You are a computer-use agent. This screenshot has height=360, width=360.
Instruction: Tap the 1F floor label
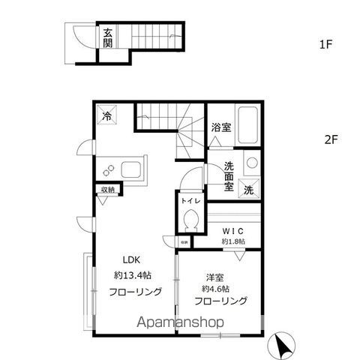tap(325, 44)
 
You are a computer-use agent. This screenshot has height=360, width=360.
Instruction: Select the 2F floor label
tap(331, 139)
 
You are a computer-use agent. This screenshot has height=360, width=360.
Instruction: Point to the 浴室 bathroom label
tap(221, 127)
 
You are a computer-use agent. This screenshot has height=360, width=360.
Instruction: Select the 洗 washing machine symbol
tap(250, 190)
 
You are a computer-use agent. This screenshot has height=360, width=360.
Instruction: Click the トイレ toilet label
tap(189, 201)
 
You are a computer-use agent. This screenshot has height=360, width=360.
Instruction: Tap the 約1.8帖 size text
tap(233, 241)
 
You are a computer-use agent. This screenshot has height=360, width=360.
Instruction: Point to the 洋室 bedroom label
tap(214, 275)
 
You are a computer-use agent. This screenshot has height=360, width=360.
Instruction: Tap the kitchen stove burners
tap(109, 169)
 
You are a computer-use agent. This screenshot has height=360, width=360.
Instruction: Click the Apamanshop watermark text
tap(178, 323)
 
